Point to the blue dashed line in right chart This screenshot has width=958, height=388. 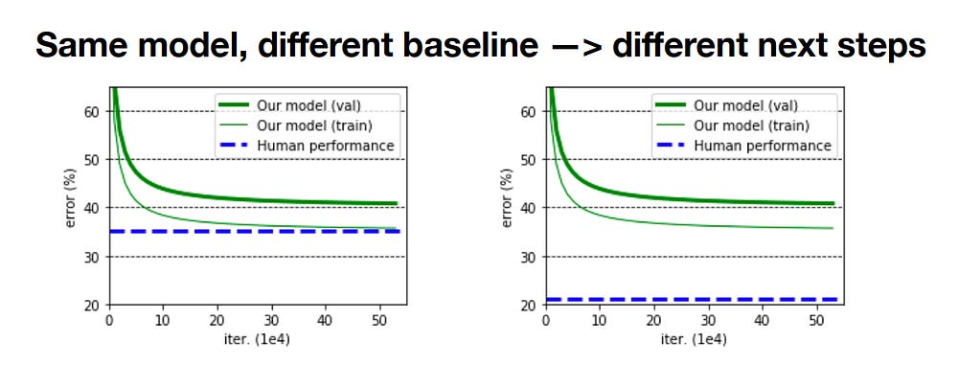click(x=690, y=300)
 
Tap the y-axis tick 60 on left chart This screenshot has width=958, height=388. click(x=93, y=111)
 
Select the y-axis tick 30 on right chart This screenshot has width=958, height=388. click(x=529, y=257)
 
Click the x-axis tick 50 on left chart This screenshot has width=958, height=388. click(x=380, y=319)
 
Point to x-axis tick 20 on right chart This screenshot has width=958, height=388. click(x=652, y=319)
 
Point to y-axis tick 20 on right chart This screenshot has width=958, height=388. click(x=529, y=306)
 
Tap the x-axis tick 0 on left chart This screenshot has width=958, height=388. click(x=109, y=319)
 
